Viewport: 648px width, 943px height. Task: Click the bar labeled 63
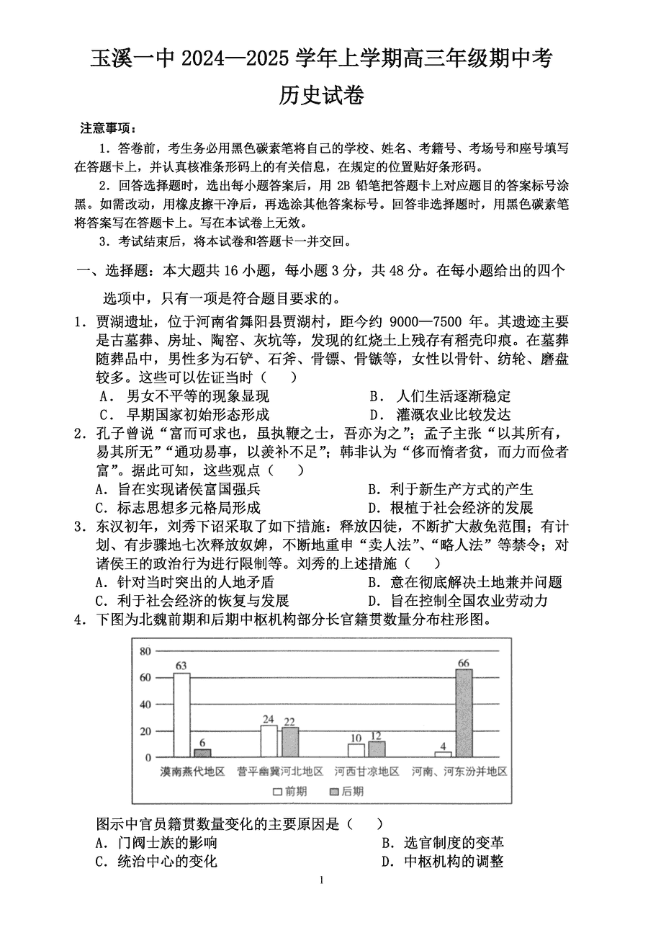[181, 715]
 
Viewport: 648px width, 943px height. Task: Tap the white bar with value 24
[269, 741]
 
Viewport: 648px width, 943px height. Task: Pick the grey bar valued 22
[289, 742]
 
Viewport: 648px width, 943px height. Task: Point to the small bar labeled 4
[443, 754]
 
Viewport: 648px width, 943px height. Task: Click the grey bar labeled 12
[377, 749]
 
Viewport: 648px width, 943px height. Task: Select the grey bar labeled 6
[202, 753]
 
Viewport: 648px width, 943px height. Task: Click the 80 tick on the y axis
[145, 651]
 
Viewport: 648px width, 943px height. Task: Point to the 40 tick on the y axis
[145, 705]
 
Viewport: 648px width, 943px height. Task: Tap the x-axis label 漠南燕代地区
[192, 772]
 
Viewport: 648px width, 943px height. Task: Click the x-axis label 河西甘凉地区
[366, 772]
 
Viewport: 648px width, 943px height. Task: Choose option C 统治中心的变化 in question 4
[157, 862]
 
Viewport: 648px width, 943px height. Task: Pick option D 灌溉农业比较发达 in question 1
[441, 414]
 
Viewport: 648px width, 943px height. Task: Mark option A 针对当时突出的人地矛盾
[186, 582]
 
